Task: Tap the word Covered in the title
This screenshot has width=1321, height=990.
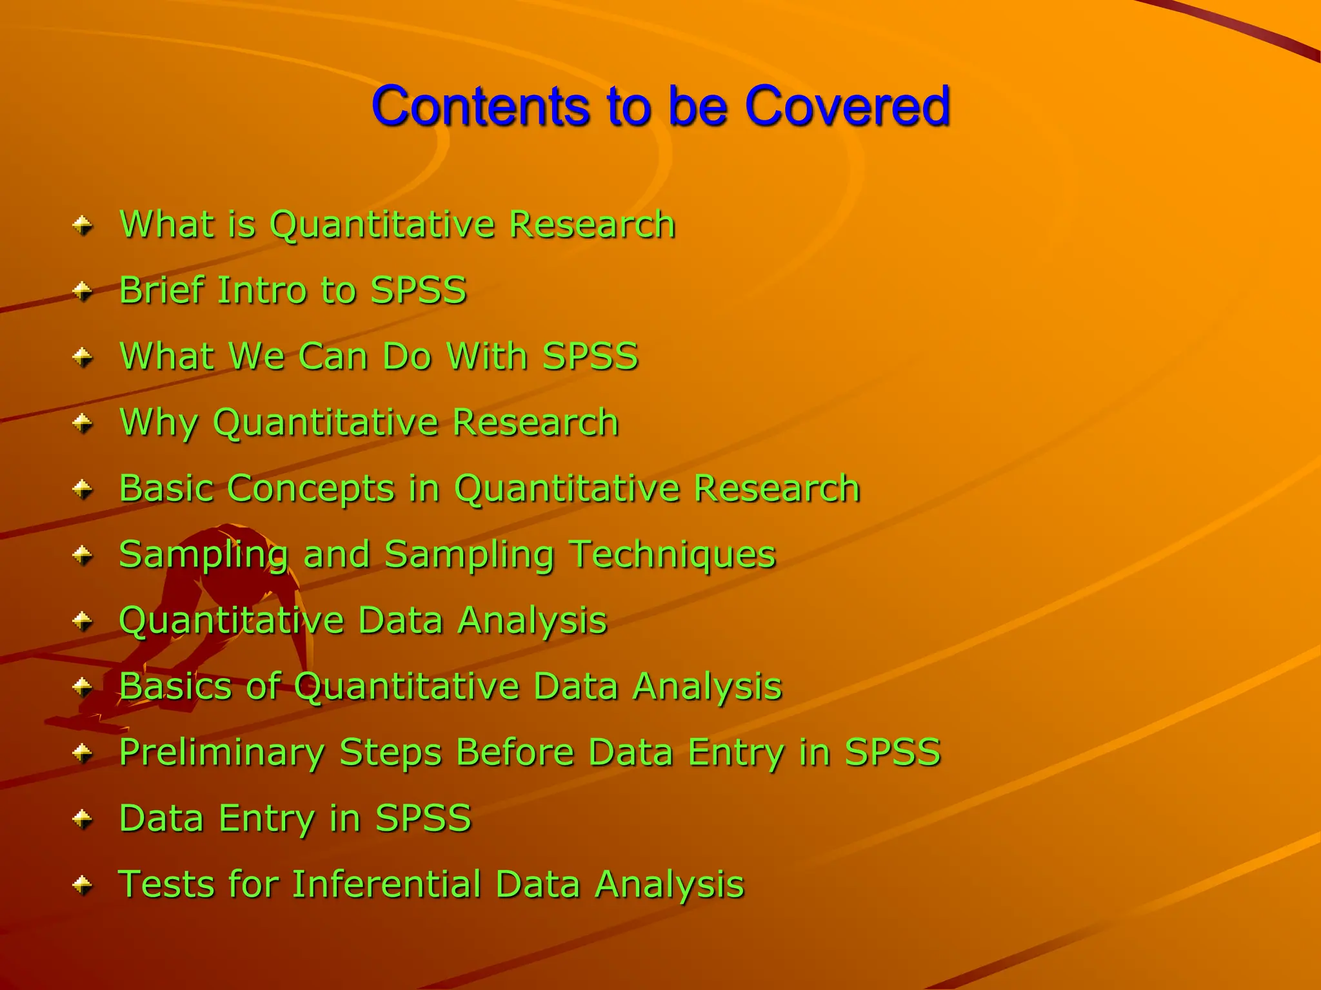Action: (x=847, y=106)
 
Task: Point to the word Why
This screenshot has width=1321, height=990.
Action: (x=159, y=423)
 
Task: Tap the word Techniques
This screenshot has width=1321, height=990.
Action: (x=673, y=555)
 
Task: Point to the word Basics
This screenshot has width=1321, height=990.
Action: (x=175, y=686)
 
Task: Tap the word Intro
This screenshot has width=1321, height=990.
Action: (x=262, y=290)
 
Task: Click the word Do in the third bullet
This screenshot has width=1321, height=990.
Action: (x=406, y=356)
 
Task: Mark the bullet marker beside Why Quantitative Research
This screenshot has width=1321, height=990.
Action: (x=83, y=424)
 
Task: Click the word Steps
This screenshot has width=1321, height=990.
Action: (x=390, y=753)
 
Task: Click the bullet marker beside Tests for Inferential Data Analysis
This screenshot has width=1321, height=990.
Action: (x=83, y=886)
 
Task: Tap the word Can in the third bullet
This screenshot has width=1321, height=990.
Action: (x=332, y=356)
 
